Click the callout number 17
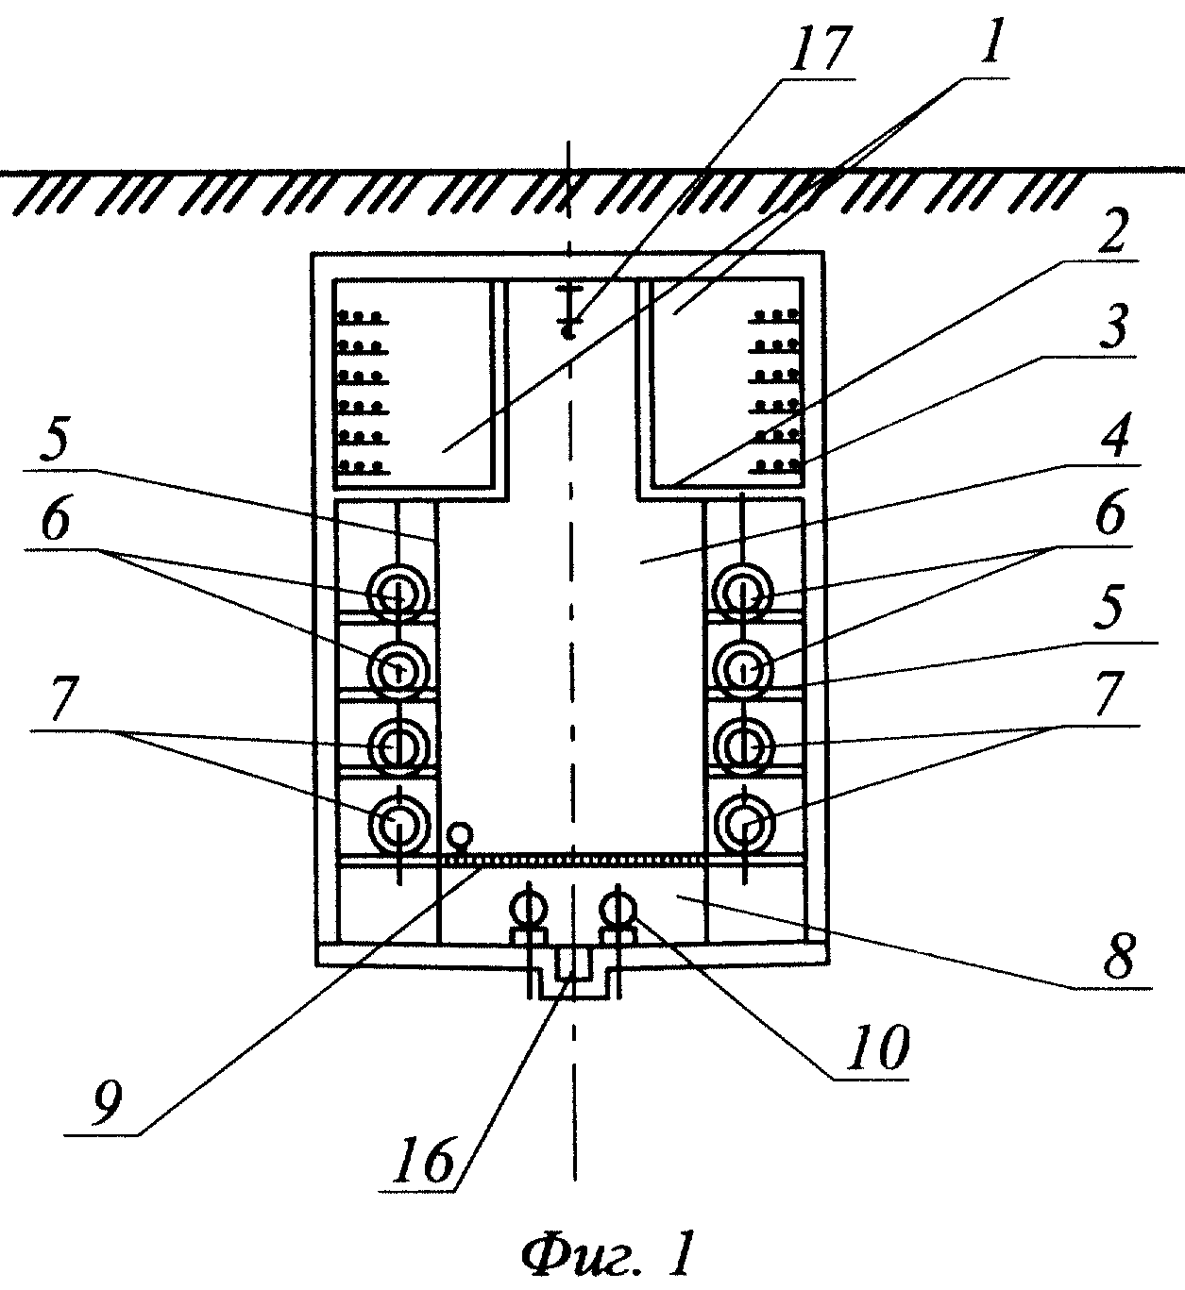tap(816, 49)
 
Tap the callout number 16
tap(422, 1160)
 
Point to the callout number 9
tap(107, 1102)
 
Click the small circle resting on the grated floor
tap(460, 836)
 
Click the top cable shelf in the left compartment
tap(363, 317)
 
